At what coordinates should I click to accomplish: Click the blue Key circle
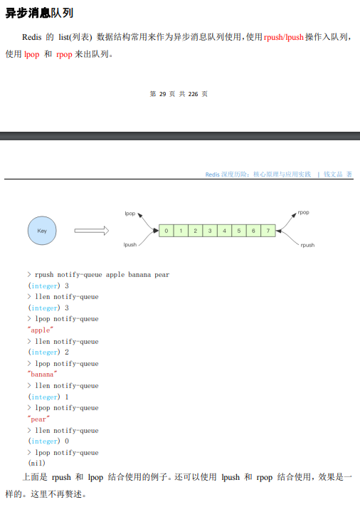point(42,231)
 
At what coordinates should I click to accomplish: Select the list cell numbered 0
point(166,231)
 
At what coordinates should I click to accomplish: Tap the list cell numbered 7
point(268,231)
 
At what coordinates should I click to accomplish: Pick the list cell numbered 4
point(224,231)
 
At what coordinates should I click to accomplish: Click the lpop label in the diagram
point(130,214)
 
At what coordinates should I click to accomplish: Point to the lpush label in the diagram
point(130,244)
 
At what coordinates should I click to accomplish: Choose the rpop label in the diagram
point(304,212)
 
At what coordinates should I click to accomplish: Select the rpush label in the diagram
point(307,245)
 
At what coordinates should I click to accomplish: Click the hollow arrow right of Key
point(92,231)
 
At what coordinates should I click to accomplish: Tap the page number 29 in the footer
point(162,94)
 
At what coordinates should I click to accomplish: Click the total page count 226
point(193,94)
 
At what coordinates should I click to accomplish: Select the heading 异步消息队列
point(39,13)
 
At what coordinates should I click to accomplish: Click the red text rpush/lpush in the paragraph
point(284,37)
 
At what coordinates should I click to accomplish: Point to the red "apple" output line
point(41,330)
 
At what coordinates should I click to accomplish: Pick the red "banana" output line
point(43,374)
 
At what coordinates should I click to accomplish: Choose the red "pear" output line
point(39,419)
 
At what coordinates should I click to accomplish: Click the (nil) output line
point(37,463)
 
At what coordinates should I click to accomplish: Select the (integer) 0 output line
point(48,441)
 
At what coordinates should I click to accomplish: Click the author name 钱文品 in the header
point(333,174)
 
